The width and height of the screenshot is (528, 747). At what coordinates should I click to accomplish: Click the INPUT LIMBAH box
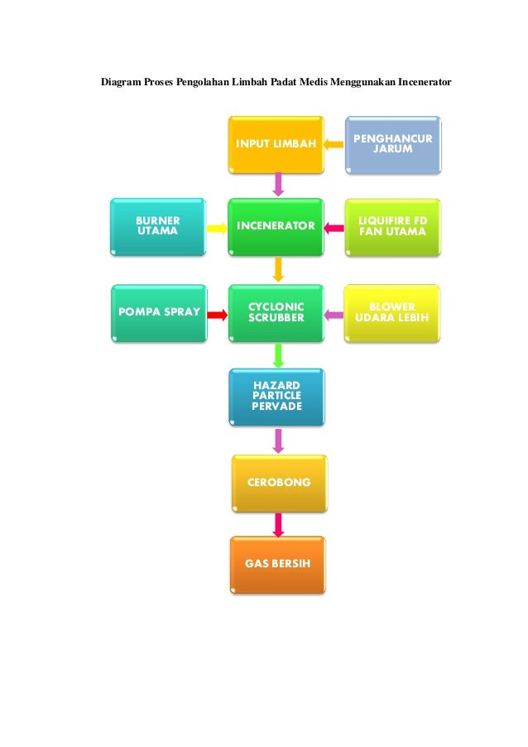point(276,145)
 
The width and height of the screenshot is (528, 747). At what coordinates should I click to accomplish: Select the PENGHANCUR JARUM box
point(392,145)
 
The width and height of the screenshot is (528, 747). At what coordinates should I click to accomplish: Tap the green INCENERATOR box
point(276,226)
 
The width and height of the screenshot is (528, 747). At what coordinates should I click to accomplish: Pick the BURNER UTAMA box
point(157,226)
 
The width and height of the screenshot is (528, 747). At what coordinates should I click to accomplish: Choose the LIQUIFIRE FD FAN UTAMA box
point(392,226)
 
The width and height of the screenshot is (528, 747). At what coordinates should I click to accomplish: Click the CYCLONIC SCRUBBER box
point(276,313)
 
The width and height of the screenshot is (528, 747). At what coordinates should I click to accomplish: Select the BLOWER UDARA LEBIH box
point(392,313)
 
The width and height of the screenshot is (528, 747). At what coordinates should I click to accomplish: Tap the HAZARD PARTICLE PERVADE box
point(276,398)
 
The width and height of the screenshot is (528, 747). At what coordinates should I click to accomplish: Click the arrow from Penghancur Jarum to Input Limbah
point(334,145)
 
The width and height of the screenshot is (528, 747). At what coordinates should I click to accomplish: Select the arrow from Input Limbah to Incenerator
point(279,185)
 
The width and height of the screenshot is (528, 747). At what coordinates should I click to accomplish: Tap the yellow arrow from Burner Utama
point(217,226)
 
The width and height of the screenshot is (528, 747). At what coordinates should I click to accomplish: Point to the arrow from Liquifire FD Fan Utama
point(334,226)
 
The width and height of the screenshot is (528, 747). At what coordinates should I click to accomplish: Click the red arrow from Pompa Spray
point(217,314)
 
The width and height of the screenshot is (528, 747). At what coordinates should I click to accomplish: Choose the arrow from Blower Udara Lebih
point(334,314)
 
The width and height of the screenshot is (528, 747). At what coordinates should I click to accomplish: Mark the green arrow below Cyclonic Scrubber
point(279,354)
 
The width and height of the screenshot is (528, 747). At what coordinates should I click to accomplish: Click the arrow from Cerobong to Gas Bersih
point(279,523)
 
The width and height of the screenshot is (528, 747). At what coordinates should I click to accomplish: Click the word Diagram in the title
point(122,83)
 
